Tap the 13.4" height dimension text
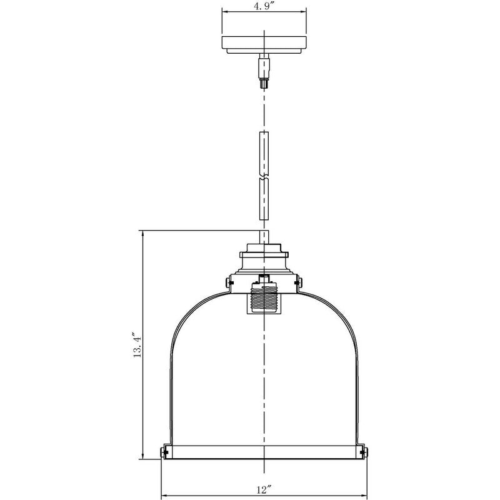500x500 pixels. tap(139, 345)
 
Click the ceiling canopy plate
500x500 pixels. tap(264, 44)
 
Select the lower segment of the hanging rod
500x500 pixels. tap(264, 199)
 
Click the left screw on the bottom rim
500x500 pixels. tap(163, 451)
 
